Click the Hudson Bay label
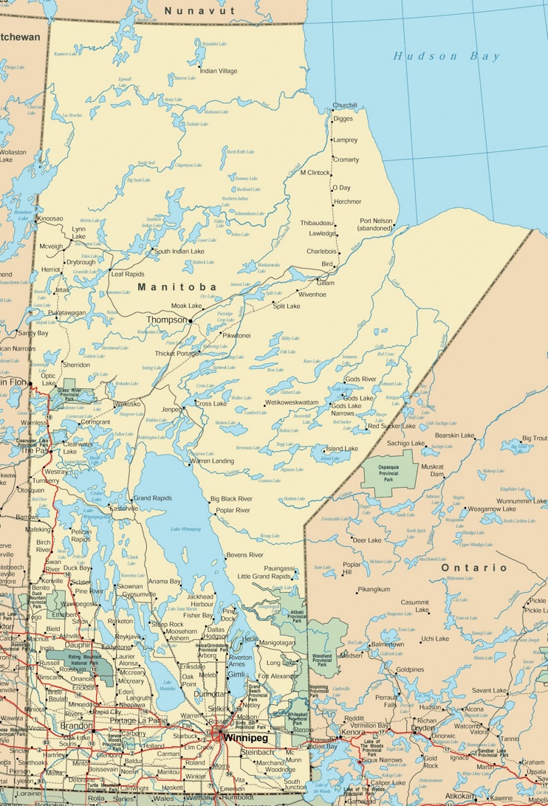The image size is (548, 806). coord(446,56)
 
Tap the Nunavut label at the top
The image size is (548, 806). coord(199,10)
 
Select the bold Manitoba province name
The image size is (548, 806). coord(177,286)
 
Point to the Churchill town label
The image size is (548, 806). coord(344,106)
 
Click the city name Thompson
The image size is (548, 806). coord(167,320)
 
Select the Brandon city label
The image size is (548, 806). coord(77,726)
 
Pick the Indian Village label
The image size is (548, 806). coord(219,71)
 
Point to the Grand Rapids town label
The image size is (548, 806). coord(152,498)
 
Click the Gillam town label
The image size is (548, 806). coord(325,283)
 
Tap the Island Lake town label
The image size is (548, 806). coord(342,448)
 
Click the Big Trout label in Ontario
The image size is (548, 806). coord(535,438)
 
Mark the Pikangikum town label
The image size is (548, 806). coord(373,589)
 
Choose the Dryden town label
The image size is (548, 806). coord(423,728)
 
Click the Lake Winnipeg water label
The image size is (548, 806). coord(185,529)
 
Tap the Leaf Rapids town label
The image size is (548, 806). coord(128,274)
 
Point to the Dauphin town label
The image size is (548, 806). coord(78,644)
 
